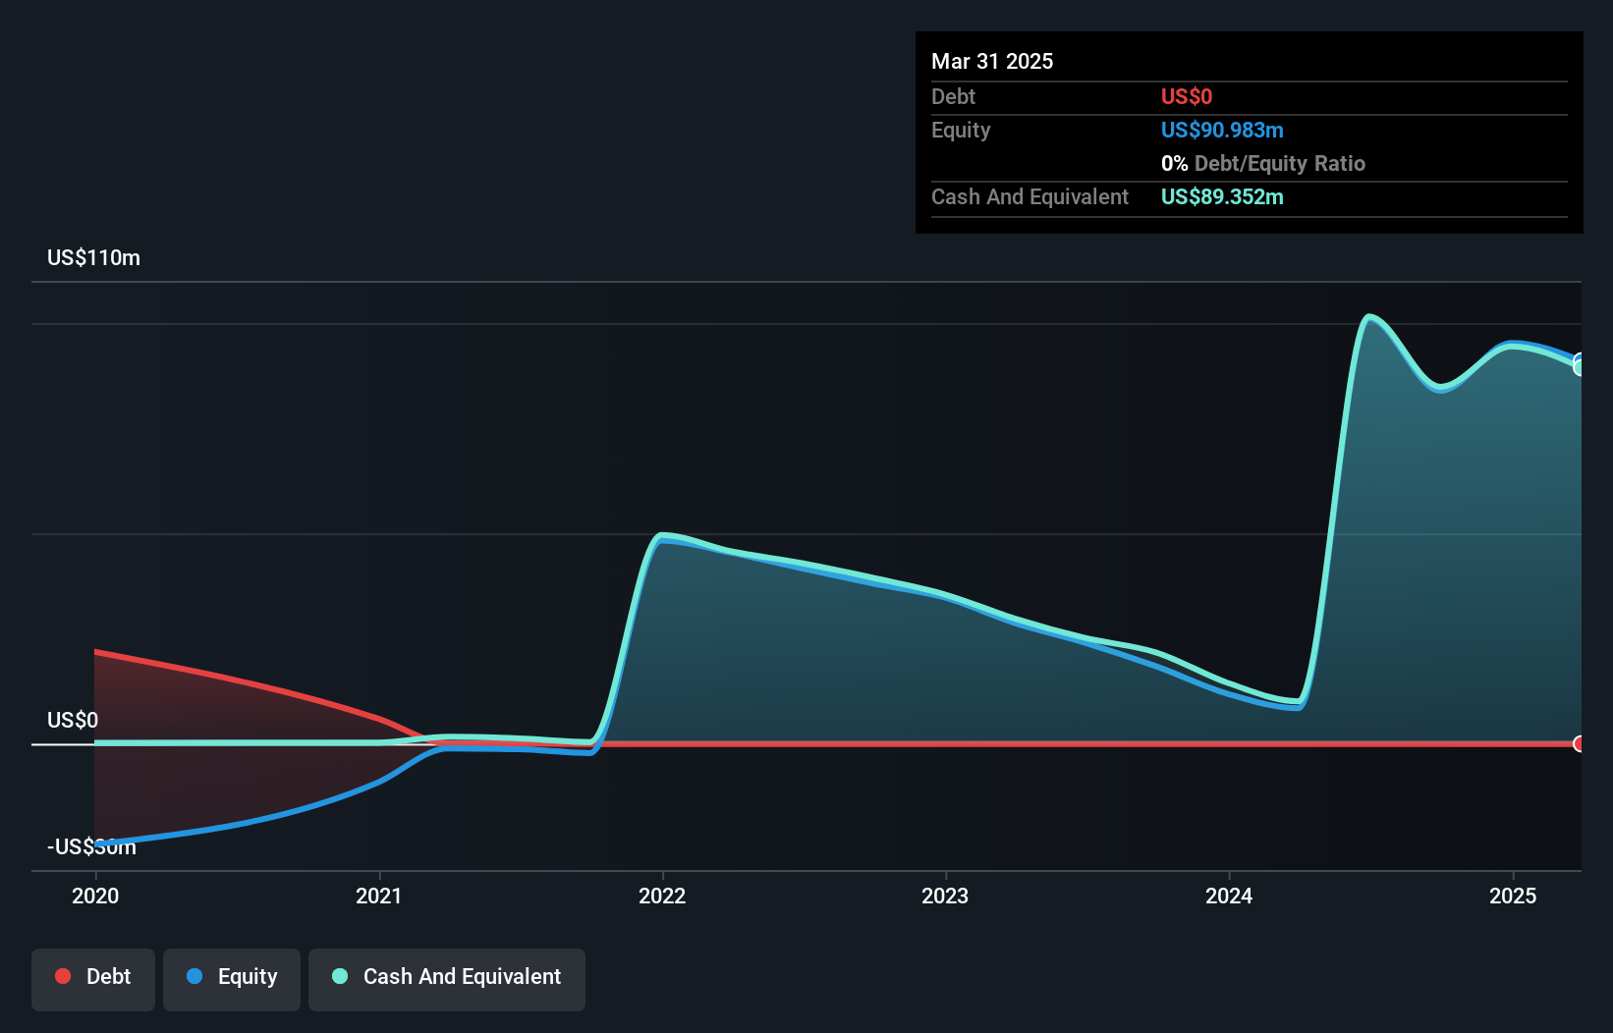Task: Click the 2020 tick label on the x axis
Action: (x=95, y=896)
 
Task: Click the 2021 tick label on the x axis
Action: (x=379, y=896)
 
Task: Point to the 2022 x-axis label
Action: (x=662, y=896)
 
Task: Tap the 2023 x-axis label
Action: (x=945, y=896)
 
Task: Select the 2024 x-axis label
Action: (x=1229, y=896)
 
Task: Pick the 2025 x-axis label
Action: (x=1513, y=896)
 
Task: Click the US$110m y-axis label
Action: (x=93, y=258)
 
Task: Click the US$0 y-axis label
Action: (x=73, y=720)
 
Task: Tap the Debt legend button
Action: (x=93, y=977)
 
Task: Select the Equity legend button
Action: (x=232, y=977)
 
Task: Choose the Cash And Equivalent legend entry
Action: (x=447, y=977)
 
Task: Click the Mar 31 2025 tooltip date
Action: (x=992, y=62)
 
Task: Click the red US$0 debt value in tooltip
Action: (x=1186, y=97)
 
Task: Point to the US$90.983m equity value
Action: (x=1221, y=131)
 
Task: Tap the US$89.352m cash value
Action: (x=1221, y=197)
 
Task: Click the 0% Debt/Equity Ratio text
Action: (x=1262, y=164)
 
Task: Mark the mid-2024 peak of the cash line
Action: (x=1368, y=316)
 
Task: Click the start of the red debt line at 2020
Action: (x=96, y=652)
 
